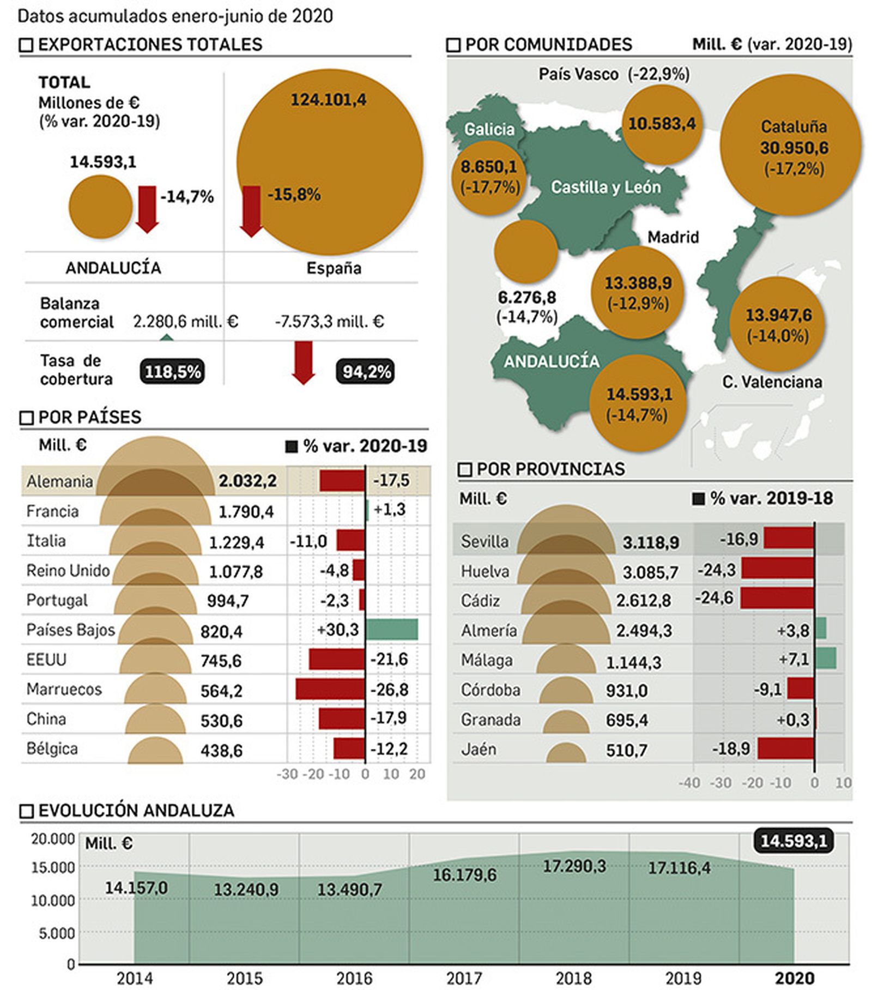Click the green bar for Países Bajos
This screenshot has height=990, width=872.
click(391, 629)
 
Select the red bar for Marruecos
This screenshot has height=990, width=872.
click(330, 689)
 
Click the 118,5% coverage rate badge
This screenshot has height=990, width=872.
click(172, 372)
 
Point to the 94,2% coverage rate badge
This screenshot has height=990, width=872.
click(366, 372)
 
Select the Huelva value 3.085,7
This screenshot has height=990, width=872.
click(650, 572)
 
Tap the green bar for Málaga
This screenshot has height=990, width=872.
click(826, 659)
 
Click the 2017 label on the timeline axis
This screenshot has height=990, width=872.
click(464, 979)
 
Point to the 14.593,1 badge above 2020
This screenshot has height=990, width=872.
click(794, 841)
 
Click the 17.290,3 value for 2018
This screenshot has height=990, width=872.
click(574, 866)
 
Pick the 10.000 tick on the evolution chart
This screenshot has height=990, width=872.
click(53, 901)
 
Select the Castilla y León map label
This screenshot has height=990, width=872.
click(605, 187)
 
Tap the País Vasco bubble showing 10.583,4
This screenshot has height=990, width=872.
click(662, 124)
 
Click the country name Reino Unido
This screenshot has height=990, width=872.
click(68, 571)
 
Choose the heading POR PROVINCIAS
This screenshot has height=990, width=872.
click(550, 469)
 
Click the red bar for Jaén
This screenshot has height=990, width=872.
click(786, 748)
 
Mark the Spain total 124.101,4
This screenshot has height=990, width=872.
click(328, 100)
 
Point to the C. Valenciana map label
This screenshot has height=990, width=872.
click(772, 382)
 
